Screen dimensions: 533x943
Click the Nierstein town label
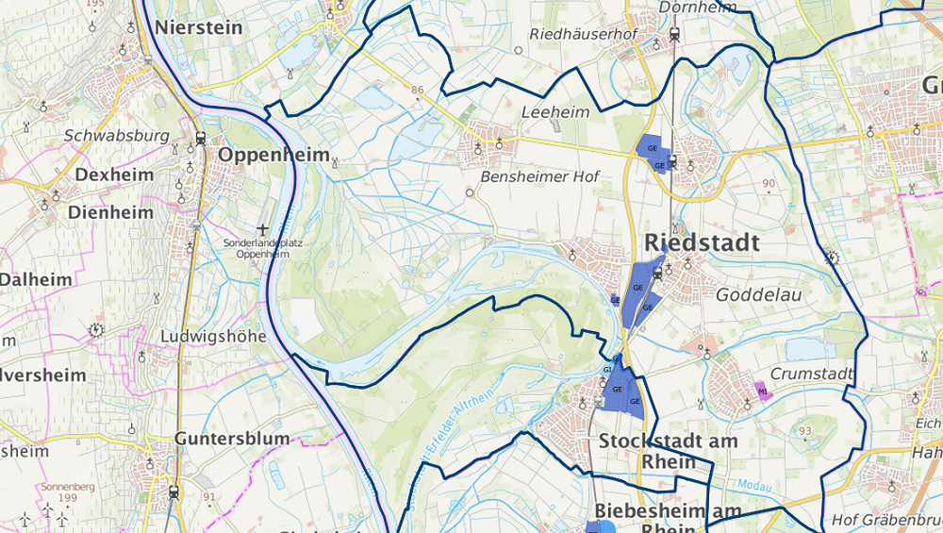click(x=198, y=27)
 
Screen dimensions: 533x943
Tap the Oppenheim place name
click(x=274, y=155)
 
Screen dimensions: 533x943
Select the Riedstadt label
click(x=702, y=242)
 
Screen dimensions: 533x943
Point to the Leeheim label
click(x=555, y=112)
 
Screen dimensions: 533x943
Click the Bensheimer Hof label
click(x=539, y=176)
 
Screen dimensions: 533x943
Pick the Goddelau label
click(x=758, y=294)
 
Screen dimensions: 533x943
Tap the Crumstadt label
click(x=811, y=374)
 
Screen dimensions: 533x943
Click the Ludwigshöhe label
click(x=214, y=336)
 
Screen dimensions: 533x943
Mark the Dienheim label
click(x=110, y=212)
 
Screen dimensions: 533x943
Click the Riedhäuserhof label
click(x=583, y=34)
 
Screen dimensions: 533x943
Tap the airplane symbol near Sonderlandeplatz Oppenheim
click(x=263, y=229)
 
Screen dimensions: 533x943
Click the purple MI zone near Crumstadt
click(x=762, y=391)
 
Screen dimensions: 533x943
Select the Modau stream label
click(x=755, y=487)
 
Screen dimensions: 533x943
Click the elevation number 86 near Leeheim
click(x=418, y=90)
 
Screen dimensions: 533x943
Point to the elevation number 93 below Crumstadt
click(x=804, y=431)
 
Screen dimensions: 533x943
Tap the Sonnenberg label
click(x=62, y=487)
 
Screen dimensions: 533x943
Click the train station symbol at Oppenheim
click(x=200, y=139)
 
